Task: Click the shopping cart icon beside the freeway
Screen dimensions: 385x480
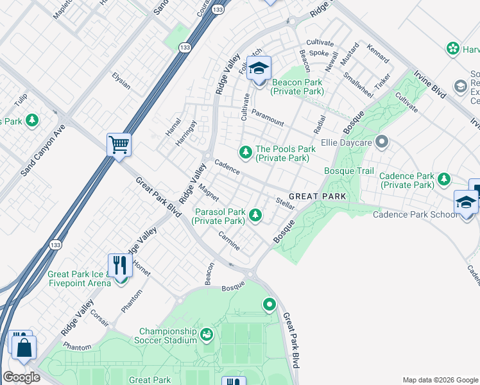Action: tap(119, 144)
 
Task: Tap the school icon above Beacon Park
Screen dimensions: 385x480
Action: tap(259, 68)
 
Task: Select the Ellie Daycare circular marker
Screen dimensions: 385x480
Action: tap(382, 141)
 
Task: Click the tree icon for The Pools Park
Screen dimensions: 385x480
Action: tap(244, 152)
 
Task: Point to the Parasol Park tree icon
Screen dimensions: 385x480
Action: tap(255, 215)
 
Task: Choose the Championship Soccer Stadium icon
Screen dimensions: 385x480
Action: tap(206, 335)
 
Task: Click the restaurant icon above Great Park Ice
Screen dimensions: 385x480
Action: tap(120, 264)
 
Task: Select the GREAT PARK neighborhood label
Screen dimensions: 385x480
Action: tap(317, 196)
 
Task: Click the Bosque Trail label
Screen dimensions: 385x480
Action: tap(348, 171)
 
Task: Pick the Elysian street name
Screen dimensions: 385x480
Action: tap(121, 83)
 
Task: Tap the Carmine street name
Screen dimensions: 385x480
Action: tap(228, 241)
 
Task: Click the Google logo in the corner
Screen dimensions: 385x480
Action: tap(22, 377)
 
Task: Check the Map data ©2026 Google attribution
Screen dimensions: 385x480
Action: tap(440, 380)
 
